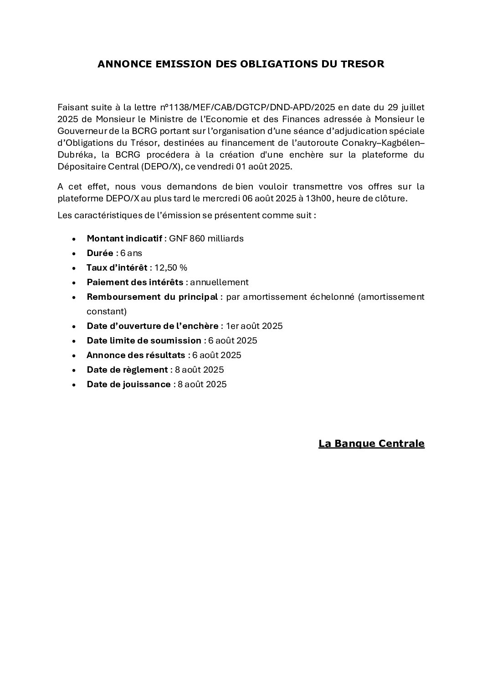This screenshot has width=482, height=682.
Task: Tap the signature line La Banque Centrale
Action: (x=371, y=443)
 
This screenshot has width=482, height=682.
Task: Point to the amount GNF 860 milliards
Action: (x=206, y=238)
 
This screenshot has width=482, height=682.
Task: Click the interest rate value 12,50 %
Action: (x=171, y=267)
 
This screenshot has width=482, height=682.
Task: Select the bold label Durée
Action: (x=100, y=253)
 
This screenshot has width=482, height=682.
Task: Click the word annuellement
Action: (x=219, y=282)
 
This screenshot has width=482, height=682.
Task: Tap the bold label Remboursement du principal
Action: (x=152, y=297)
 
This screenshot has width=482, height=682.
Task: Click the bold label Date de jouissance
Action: (x=128, y=384)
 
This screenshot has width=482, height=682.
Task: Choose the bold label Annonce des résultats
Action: (x=136, y=355)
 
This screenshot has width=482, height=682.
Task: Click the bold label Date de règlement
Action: (x=127, y=369)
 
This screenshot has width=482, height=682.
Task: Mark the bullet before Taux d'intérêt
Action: (x=74, y=268)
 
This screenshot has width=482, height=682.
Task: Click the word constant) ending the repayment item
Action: (x=107, y=311)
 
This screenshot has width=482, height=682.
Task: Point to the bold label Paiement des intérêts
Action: (x=135, y=282)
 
